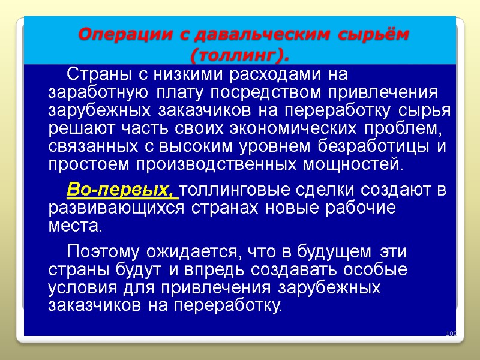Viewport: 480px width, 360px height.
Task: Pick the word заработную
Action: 96,94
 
